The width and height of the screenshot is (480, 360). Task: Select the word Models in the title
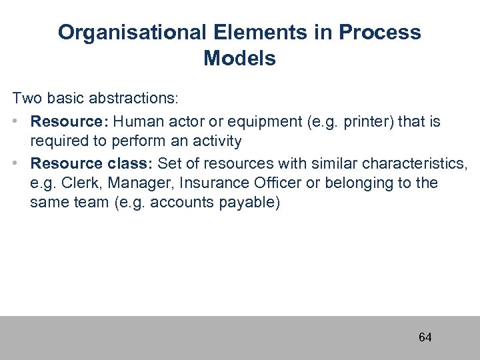(239, 59)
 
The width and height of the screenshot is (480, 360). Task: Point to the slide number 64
(425, 337)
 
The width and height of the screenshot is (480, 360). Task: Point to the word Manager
(129, 183)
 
